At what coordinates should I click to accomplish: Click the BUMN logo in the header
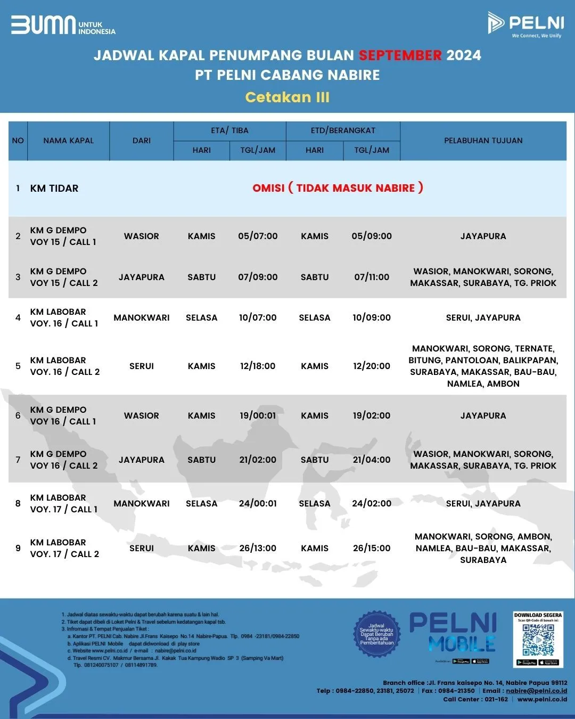coord(63,25)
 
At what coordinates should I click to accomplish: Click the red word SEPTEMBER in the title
coord(400,55)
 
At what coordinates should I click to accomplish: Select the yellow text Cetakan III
coord(287,97)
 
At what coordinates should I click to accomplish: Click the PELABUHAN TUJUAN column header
coord(483,141)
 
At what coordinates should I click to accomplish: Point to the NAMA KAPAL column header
coord(68,141)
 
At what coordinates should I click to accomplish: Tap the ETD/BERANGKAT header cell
coord(343,130)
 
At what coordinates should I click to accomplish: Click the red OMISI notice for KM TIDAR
coord(338,188)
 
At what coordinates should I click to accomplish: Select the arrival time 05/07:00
coord(258,236)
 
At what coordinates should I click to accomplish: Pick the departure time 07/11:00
coord(372,277)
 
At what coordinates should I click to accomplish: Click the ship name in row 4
coord(64,317)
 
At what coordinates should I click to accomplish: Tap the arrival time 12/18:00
coord(258,366)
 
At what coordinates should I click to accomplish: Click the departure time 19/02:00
coord(372,415)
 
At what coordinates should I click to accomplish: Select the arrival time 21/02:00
coord(258,460)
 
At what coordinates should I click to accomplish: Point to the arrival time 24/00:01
coord(258,503)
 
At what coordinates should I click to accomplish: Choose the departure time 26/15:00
coord(372,548)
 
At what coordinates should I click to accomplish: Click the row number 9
coord(18,548)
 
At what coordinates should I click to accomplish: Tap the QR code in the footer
coord(538,640)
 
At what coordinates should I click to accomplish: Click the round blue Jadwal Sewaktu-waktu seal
coord(376,634)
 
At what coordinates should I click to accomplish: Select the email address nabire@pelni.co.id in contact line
coord(536,691)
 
